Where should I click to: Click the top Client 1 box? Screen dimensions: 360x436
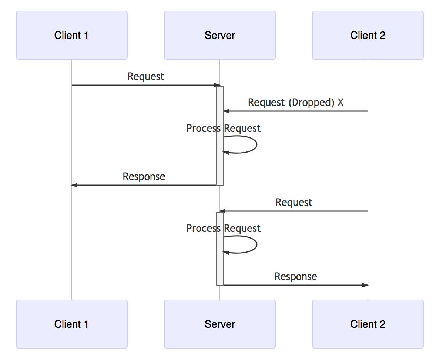click(x=71, y=35)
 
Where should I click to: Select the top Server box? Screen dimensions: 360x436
click(x=219, y=35)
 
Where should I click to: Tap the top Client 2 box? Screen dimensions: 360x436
click(x=368, y=35)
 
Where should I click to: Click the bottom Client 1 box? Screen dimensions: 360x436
click(x=71, y=324)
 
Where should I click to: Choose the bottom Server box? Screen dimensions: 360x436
click(x=219, y=324)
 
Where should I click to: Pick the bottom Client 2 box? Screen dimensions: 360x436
click(x=368, y=324)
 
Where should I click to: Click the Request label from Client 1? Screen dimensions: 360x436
click(x=145, y=76)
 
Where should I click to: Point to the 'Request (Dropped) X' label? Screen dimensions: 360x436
click(x=295, y=102)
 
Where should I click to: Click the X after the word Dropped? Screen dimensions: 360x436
click(x=341, y=102)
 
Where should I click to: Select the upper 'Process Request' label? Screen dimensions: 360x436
click(x=223, y=128)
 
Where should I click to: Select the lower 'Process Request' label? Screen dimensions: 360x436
click(x=223, y=228)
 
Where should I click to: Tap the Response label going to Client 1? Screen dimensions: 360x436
click(x=144, y=176)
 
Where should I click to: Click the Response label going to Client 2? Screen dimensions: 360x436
click(x=295, y=276)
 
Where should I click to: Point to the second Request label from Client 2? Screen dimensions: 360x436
click(x=294, y=202)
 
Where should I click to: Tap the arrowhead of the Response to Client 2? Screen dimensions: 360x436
click(x=365, y=285)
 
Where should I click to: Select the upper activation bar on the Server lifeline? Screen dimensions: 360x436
click(x=220, y=163)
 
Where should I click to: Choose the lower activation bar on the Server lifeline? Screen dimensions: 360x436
click(x=220, y=267)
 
